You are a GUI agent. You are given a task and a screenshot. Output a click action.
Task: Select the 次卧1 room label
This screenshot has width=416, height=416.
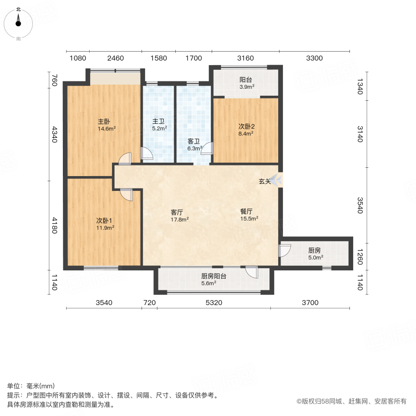(102, 220)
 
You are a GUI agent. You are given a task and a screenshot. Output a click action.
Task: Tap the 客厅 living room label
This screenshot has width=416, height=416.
(177, 212)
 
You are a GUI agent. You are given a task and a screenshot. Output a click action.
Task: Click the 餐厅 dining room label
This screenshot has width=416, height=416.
(246, 211)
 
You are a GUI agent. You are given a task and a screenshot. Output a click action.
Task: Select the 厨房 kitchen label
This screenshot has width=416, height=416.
(315, 251)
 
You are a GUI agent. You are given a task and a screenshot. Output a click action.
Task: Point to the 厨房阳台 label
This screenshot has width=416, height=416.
(214, 276)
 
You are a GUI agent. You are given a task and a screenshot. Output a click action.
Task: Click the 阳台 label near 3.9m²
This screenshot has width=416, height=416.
(245, 79)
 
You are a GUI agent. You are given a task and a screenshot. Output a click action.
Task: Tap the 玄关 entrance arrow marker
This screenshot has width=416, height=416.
(277, 180)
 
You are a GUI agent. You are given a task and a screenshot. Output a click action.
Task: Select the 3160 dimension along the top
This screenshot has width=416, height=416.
(245, 58)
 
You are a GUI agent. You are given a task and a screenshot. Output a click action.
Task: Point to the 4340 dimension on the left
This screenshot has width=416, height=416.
(54, 135)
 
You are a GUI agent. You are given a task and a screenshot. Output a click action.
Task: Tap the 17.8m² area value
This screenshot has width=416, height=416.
(179, 220)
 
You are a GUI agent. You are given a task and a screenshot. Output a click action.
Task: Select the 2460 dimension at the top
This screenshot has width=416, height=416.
(116, 58)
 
